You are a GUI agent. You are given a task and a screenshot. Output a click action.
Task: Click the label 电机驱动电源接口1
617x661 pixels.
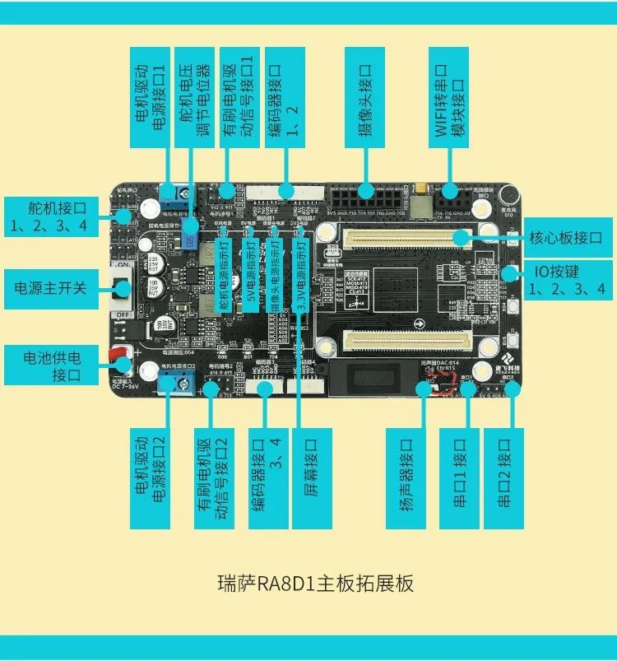[151, 96]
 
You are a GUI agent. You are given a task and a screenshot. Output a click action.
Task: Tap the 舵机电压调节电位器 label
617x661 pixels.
[194, 96]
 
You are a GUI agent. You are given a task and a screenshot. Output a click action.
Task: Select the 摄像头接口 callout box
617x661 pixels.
[364, 96]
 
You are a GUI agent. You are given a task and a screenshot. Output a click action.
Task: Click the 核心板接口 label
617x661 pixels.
[568, 236]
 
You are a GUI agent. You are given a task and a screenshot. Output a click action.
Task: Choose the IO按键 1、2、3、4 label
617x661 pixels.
[568, 280]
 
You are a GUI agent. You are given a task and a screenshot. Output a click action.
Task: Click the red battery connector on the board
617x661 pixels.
[118, 356]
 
